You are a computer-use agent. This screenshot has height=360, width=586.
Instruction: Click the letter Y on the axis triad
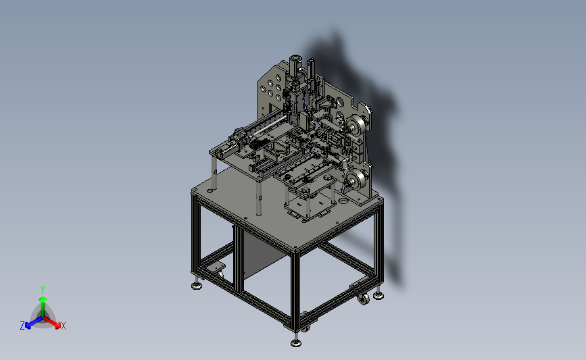point(42,290)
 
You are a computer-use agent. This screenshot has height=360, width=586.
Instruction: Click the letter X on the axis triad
point(63,326)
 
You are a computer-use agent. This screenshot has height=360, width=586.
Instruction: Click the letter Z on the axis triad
point(22,326)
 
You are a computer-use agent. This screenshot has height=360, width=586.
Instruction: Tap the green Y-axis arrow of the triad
point(43,307)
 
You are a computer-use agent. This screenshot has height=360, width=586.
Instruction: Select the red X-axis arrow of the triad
point(51,322)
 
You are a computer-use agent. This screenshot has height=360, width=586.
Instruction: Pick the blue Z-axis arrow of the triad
point(34,322)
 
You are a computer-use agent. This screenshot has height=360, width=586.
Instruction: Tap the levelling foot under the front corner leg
point(296,342)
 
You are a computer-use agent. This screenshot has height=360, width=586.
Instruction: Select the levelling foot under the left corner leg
point(197,286)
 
